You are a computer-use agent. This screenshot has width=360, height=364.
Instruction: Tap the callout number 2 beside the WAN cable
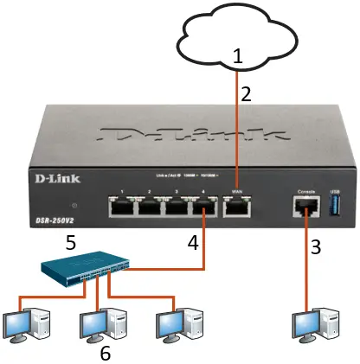point(246,94)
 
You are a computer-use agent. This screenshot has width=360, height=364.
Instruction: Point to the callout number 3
point(317,247)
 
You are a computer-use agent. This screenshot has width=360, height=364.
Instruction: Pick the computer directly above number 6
point(100,322)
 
